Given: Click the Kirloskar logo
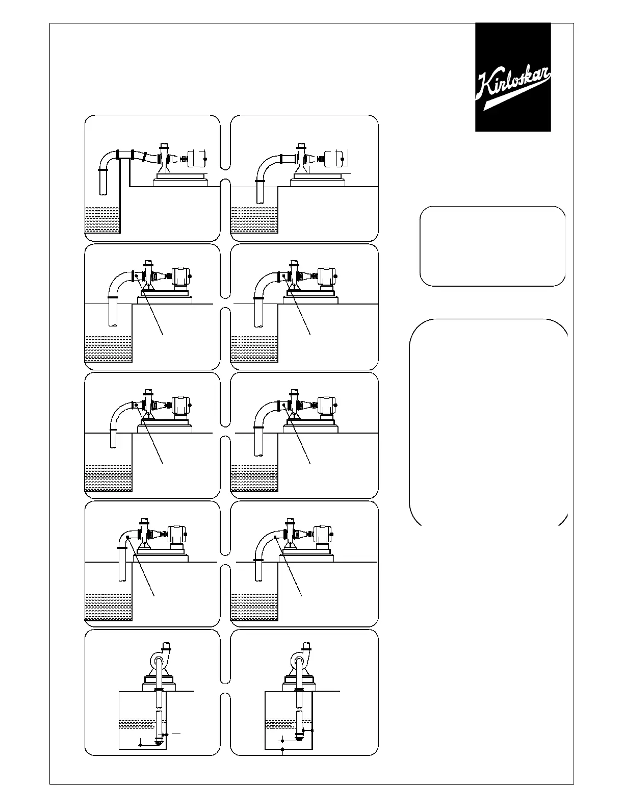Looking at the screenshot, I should [x=513, y=77].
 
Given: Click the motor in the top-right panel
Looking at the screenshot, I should [x=337, y=158].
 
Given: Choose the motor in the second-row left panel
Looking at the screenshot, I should [x=180, y=276].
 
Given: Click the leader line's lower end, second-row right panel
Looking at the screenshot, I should [x=310, y=335].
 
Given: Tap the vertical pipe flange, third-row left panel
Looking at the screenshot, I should [x=113, y=431].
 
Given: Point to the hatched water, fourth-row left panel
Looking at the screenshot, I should [x=108, y=607].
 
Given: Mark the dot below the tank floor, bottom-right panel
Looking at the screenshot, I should [x=282, y=749].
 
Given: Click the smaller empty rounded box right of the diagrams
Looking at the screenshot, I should [x=492, y=246].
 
